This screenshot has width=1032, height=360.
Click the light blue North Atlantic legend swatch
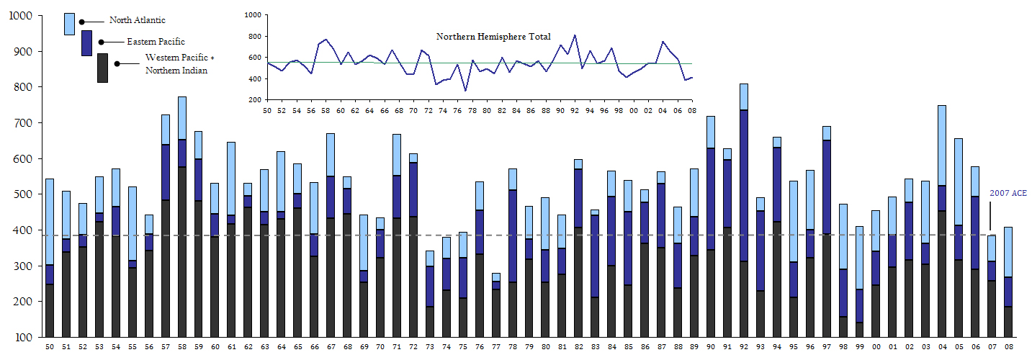pos(69,24)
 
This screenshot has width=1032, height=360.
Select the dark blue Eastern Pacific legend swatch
pos(86,43)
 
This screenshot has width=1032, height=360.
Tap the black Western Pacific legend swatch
pos(103,68)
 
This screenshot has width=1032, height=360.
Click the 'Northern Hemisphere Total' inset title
pos(493,36)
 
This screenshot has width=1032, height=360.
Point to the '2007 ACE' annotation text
pos(1009,194)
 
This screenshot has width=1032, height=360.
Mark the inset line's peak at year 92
pos(575,35)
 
